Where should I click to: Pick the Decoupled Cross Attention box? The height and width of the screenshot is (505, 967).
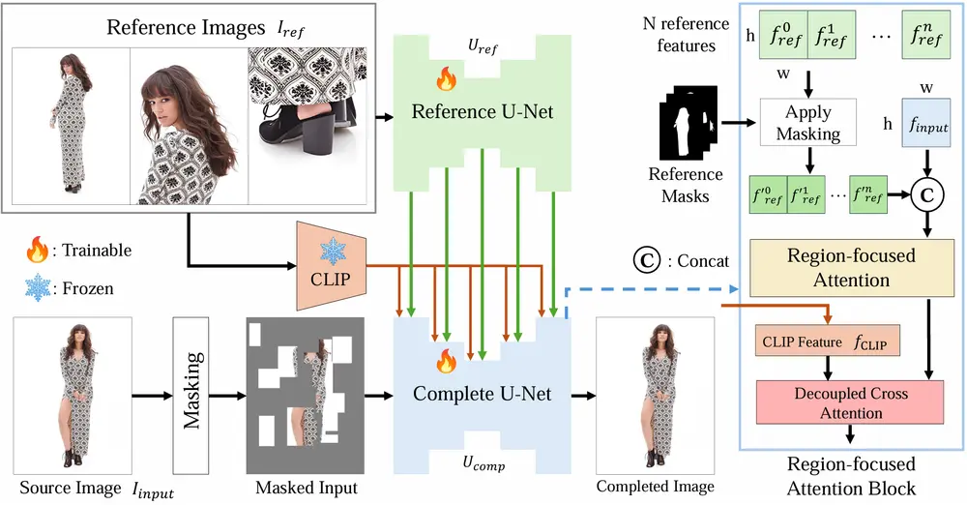[x=839, y=404]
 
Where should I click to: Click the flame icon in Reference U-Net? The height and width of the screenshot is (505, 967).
[x=446, y=76]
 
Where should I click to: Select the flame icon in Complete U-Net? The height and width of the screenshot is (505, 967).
[x=446, y=362]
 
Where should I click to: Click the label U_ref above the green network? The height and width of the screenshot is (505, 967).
[x=483, y=45]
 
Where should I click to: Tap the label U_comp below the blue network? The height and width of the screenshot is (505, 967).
[x=483, y=466]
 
